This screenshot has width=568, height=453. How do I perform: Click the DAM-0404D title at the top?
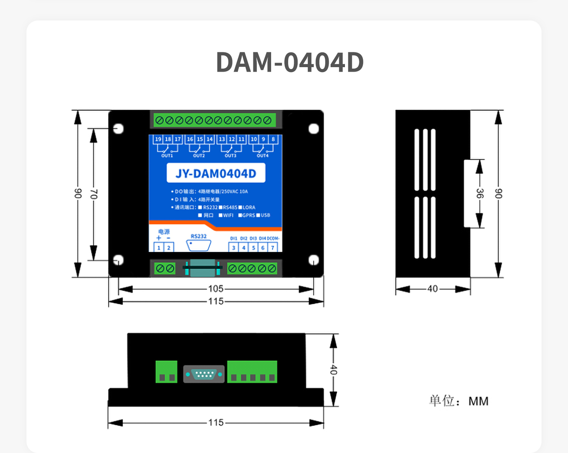point(290,62)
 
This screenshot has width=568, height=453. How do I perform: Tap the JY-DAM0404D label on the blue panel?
point(216,173)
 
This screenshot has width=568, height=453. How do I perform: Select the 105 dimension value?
point(216,289)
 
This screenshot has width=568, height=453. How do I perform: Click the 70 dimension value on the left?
point(94,194)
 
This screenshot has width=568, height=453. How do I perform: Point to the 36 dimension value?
point(479,193)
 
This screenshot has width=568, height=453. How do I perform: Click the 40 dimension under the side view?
point(432,289)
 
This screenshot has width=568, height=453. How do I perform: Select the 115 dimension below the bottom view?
point(216,423)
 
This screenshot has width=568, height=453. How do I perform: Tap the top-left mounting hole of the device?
point(119,129)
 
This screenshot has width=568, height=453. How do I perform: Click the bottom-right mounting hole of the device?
point(314,260)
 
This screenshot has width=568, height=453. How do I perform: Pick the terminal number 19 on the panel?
point(158,139)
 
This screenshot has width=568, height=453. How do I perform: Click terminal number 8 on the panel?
point(273,139)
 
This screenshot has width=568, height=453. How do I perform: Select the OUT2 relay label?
point(199,156)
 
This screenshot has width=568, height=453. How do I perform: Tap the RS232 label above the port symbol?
point(199,236)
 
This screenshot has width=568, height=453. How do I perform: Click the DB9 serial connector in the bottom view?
point(204,374)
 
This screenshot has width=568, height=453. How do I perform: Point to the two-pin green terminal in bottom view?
point(167,372)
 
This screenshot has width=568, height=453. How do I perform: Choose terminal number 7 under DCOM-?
point(273,248)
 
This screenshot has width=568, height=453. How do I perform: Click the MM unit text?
point(478,401)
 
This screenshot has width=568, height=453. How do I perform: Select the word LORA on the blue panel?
point(249,208)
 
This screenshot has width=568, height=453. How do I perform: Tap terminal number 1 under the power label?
point(159,248)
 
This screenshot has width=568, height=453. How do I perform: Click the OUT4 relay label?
point(262,156)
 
